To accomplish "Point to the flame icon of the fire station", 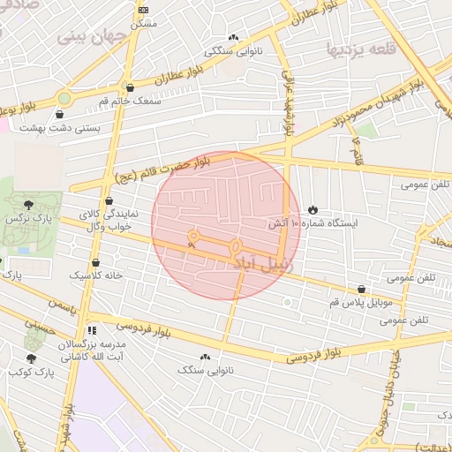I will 313,209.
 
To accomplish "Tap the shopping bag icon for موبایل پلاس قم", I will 362,290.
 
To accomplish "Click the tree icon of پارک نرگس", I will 31,205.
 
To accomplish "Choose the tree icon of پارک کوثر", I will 32,358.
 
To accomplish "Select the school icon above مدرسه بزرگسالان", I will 91,330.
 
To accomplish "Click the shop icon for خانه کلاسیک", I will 95,262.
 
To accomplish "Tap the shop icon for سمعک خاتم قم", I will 131,87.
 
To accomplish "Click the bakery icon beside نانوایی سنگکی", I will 233,38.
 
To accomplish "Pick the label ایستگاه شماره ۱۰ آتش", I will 314,224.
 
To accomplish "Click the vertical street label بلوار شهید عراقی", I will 288,102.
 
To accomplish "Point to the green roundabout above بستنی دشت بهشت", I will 64,98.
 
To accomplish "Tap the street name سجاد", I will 439,235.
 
